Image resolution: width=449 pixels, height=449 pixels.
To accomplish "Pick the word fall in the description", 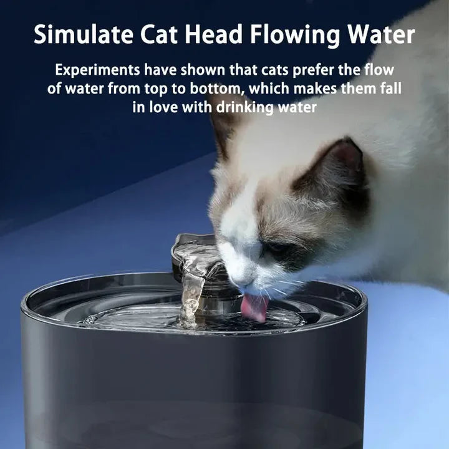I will click(x=386, y=89).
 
